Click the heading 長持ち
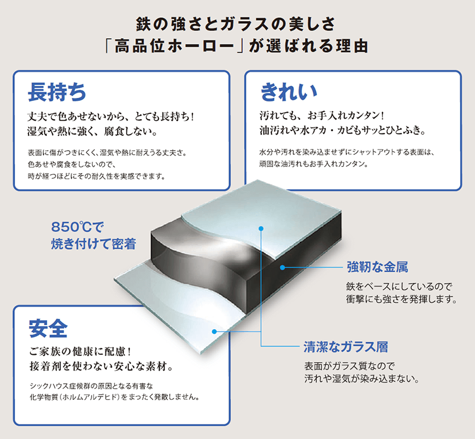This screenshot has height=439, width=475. pyautogui.click(x=57, y=93)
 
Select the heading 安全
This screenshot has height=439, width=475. pyautogui.click(x=48, y=327)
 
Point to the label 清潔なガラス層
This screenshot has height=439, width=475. pyautogui.click(x=346, y=347)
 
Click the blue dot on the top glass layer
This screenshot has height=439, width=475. pyautogui.click(x=261, y=227)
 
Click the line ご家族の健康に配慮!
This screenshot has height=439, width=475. pyautogui.click(x=84, y=349)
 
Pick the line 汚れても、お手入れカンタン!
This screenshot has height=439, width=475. pyautogui.click(x=323, y=115)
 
